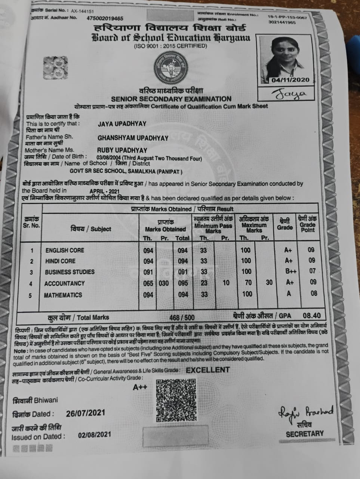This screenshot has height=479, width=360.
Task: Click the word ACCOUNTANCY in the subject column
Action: (x=64, y=284)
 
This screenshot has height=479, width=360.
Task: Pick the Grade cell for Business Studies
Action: (x=289, y=271)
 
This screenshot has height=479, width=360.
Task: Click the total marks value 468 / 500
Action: (x=182, y=318)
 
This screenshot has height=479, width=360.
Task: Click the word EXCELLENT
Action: (x=208, y=370)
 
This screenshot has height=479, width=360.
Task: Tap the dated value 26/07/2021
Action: (x=85, y=414)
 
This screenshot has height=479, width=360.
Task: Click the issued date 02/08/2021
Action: (x=95, y=435)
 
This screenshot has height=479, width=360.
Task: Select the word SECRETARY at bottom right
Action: (x=305, y=434)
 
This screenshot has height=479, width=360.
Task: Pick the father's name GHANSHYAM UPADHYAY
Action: (x=133, y=138)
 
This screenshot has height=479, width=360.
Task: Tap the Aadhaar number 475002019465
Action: (x=105, y=18)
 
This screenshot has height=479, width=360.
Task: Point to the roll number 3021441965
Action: (x=282, y=22)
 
